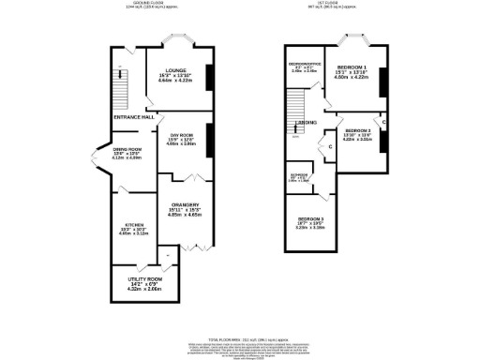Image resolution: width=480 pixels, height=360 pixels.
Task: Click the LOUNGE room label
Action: (x=177, y=70)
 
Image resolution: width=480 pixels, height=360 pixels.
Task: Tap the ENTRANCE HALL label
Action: (x=135, y=117)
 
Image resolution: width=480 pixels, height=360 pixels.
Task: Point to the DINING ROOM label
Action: (x=127, y=150)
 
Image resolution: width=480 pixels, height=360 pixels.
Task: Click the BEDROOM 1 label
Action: (x=352, y=68)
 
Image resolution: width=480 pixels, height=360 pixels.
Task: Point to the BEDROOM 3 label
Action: (x=311, y=218)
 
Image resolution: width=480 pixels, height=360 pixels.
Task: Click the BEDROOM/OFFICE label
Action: (x=304, y=65)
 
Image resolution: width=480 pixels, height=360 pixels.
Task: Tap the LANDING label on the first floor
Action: (x=305, y=123)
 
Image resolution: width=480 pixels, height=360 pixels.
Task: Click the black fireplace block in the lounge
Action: (x=207, y=78)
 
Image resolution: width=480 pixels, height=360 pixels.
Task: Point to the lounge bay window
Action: (x=178, y=41)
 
